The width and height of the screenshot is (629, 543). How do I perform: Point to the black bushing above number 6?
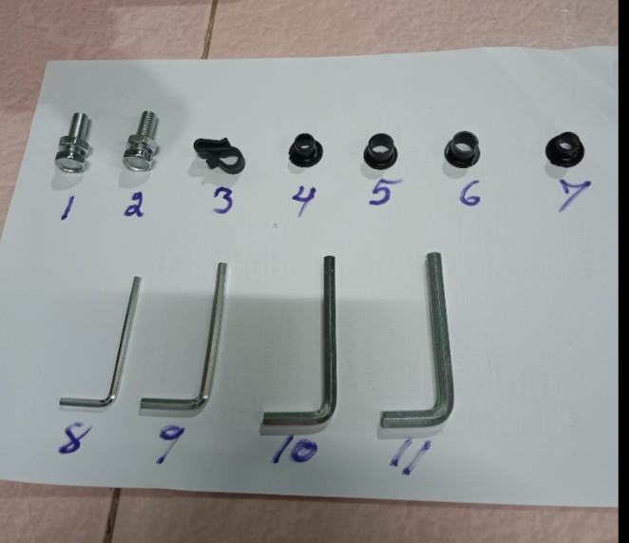coord(462,149)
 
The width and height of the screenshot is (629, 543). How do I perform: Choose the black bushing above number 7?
coord(565,147)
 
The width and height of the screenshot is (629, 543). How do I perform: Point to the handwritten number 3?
coord(221,202)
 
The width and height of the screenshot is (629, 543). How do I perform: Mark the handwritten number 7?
coord(575,196)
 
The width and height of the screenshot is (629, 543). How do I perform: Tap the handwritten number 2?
coord(135,206)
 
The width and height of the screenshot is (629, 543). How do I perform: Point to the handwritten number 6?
coord(469,195)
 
